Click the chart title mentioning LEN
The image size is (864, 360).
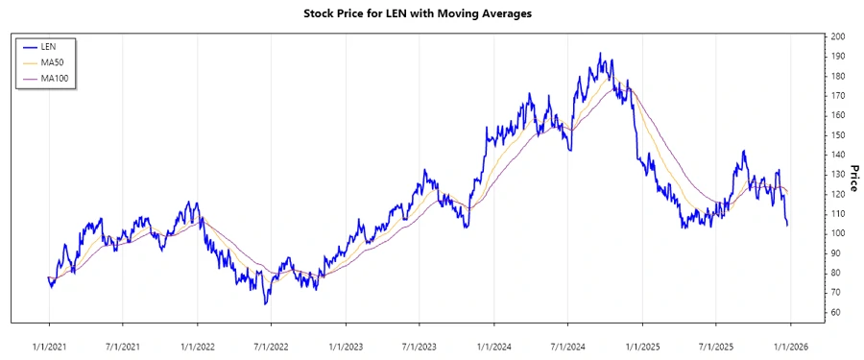click(x=431, y=14)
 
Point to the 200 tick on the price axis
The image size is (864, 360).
click(x=838, y=36)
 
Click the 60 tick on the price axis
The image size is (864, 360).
click(x=836, y=312)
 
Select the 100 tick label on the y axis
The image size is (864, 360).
click(x=838, y=233)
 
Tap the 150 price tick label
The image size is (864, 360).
click(x=838, y=134)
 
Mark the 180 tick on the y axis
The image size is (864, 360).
click(x=838, y=76)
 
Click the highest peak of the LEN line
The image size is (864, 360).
click(x=600, y=54)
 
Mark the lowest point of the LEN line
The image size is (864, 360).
click(x=266, y=304)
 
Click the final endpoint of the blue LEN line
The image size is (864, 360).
click(x=788, y=226)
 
